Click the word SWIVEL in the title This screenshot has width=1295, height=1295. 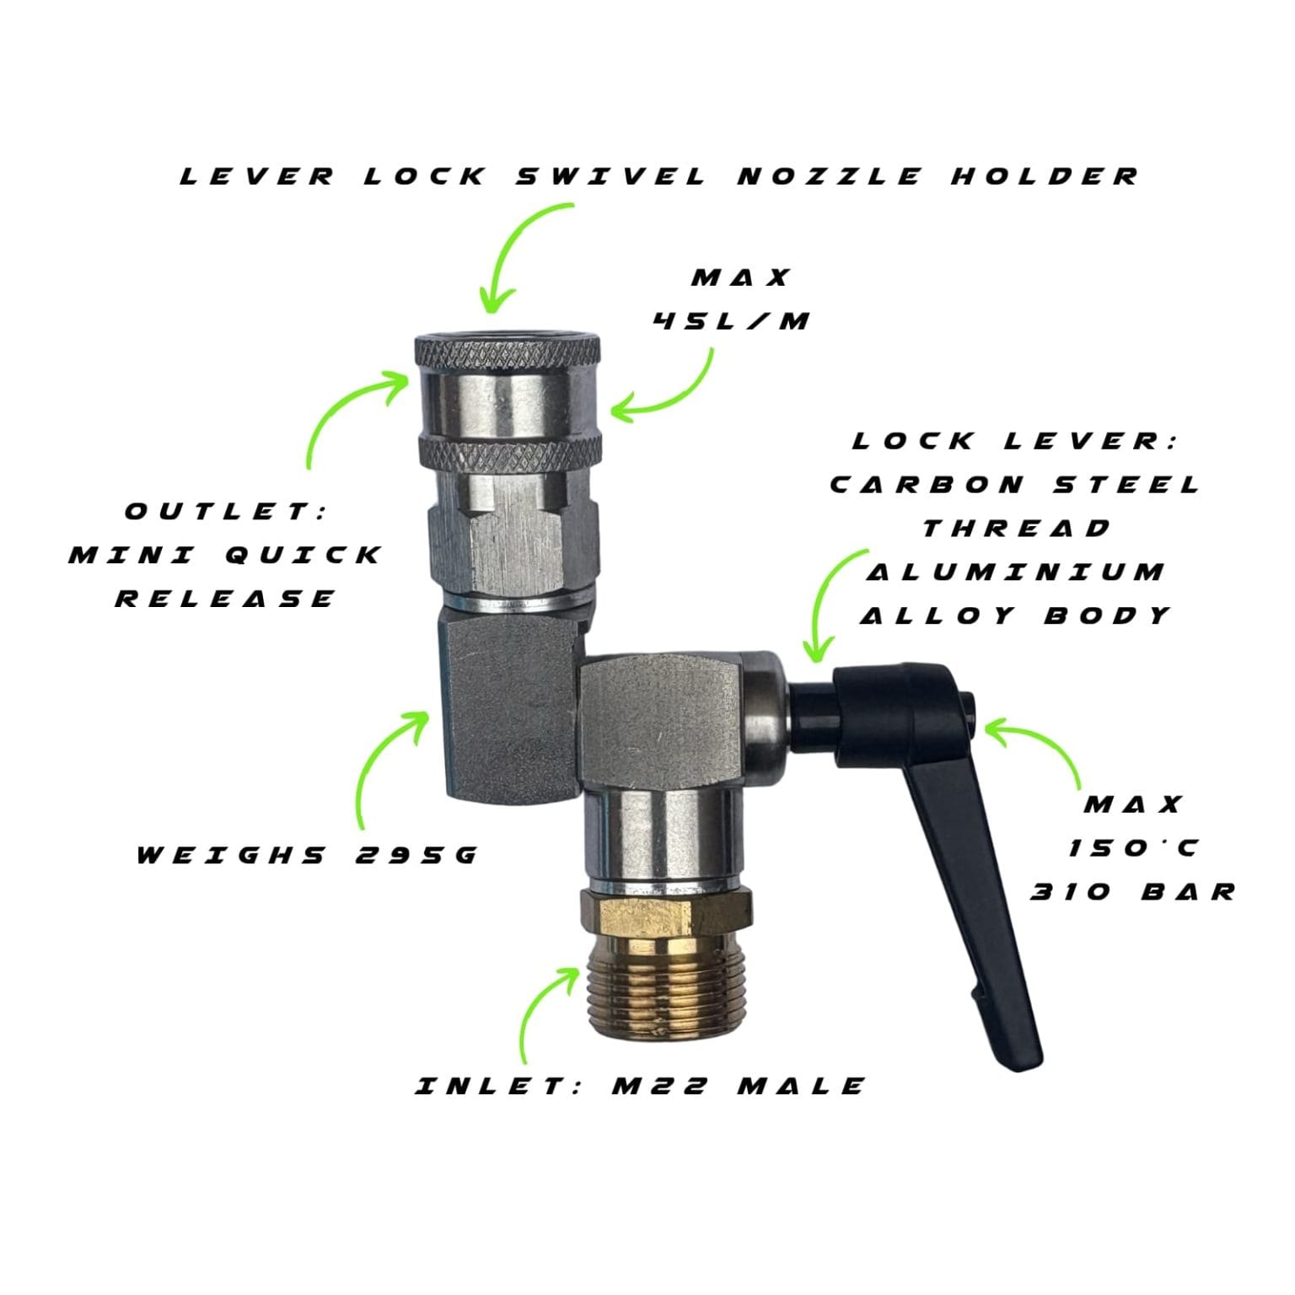pyautogui.click(x=610, y=176)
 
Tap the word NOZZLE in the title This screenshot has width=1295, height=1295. pyautogui.click(x=830, y=176)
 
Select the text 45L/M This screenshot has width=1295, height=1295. pyautogui.click(x=732, y=320)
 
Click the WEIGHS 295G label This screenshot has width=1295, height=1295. pyautogui.click(x=307, y=855)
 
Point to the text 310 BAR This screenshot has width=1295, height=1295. pyautogui.click(x=1132, y=892)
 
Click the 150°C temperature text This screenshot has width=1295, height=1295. pyautogui.click(x=1132, y=848)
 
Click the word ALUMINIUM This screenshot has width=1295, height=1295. pyautogui.click(x=1016, y=572)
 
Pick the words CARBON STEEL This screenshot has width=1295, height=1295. pyautogui.click(x=1016, y=485)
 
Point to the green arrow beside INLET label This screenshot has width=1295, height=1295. pyautogui.click(x=540, y=1012)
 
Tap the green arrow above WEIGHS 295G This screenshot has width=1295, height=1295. pyautogui.click(x=379, y=759)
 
